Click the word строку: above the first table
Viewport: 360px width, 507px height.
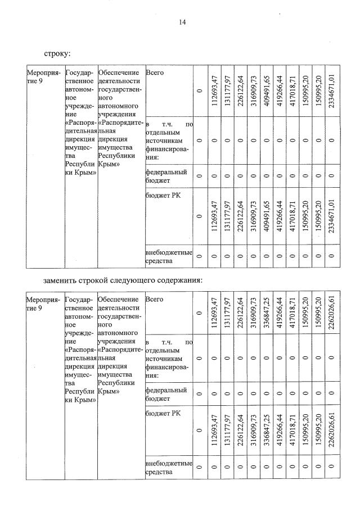[57, 54]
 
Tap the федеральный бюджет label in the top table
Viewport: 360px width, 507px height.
[165, 176]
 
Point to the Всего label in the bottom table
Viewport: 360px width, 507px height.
[154, 300]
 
